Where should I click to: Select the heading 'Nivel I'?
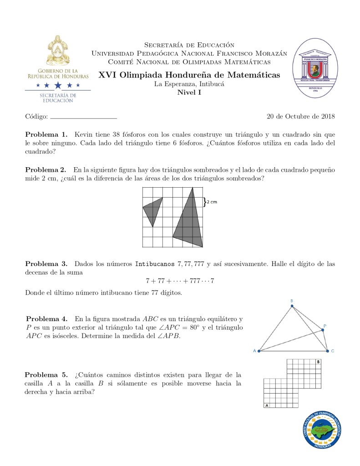[189, 92]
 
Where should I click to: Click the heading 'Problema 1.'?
[46, 134]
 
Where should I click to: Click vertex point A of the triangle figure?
[259, 351]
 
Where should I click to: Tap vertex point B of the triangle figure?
[292, 306]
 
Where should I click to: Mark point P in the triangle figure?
[323, 330]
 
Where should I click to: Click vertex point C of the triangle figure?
[327, 351]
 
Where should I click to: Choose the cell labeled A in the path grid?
[267, 405]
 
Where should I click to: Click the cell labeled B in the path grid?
[318, 362]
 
